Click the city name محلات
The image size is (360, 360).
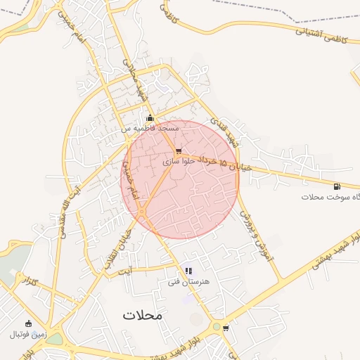point(142,315)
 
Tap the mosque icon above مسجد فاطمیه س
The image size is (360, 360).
point(150,117)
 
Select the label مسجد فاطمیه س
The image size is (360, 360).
point(149,129)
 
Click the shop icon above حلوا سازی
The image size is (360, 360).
point(179,150)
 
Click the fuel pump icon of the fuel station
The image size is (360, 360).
point(337,186)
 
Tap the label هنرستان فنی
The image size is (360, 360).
point(184,281)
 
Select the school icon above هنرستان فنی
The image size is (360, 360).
point(188,270)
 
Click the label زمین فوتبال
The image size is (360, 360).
point(28,335)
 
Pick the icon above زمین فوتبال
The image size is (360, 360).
point(28,323)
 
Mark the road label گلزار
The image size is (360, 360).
point(30,282)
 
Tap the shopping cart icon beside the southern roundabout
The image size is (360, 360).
point(226,328)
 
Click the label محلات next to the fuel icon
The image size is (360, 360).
point(315,197)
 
